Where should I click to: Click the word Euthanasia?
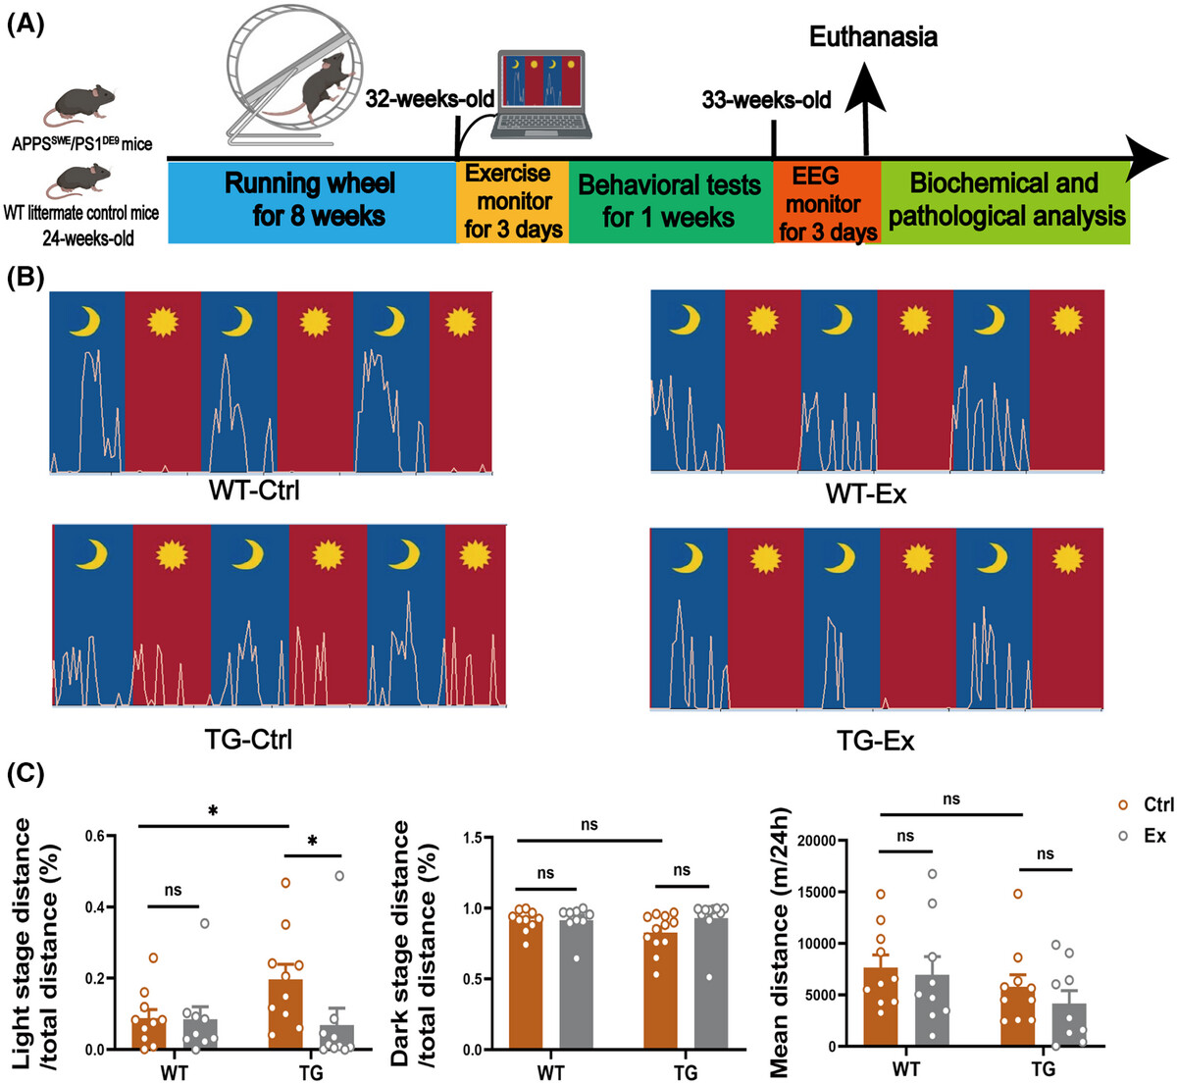click(x=873, y=37)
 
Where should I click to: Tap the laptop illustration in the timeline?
click(x=541, y=94)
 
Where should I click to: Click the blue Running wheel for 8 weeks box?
click(x=312, y=202)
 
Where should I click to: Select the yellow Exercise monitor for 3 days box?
click(x=513, y=202)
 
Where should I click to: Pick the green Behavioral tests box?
click(x=671, y=202)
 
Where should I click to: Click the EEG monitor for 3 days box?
click(x=827, y=202)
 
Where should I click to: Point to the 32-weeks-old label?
click(x=430, y=99)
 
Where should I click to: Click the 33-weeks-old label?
click(x=766, y=100)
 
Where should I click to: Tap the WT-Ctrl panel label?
click(x=254, y=490)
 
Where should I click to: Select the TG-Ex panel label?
click(x=876, y=742)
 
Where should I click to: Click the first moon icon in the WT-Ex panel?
click(x=686, y=321)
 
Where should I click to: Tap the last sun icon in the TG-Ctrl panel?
click(x=475, y=555)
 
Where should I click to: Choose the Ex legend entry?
click(x=1143, y=836)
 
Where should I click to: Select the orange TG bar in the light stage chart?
click(x=285, y=1015)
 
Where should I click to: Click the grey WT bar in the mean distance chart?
click(x=933, y=1010)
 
